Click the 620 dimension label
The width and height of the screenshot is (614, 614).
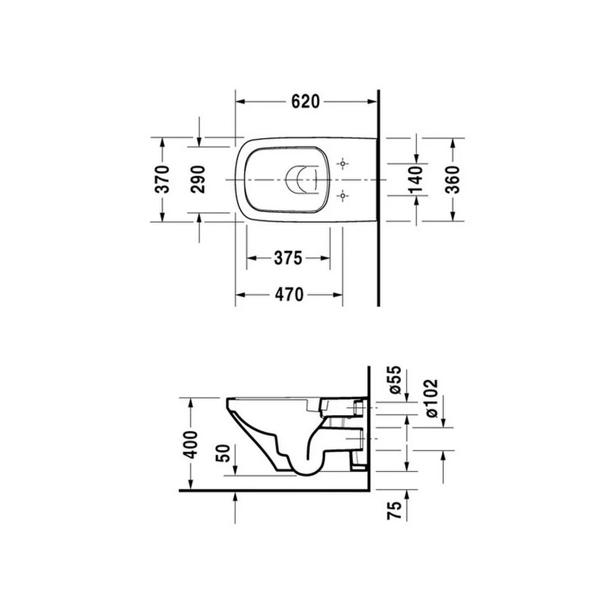[x=305, y=102]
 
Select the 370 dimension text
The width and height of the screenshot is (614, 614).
[x=163, y=179]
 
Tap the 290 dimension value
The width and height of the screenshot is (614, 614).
[x=198, y=179]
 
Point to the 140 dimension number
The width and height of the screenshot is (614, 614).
[x=416, y=180]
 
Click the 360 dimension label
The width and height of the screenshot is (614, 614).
[x=453, y=180]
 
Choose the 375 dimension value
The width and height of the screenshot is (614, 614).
[x=288, y=258]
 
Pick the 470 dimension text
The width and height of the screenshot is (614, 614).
[x=289, y=295]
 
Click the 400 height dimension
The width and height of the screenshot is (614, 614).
[x=191, y=445]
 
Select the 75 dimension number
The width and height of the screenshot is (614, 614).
[x=395, y=510]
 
